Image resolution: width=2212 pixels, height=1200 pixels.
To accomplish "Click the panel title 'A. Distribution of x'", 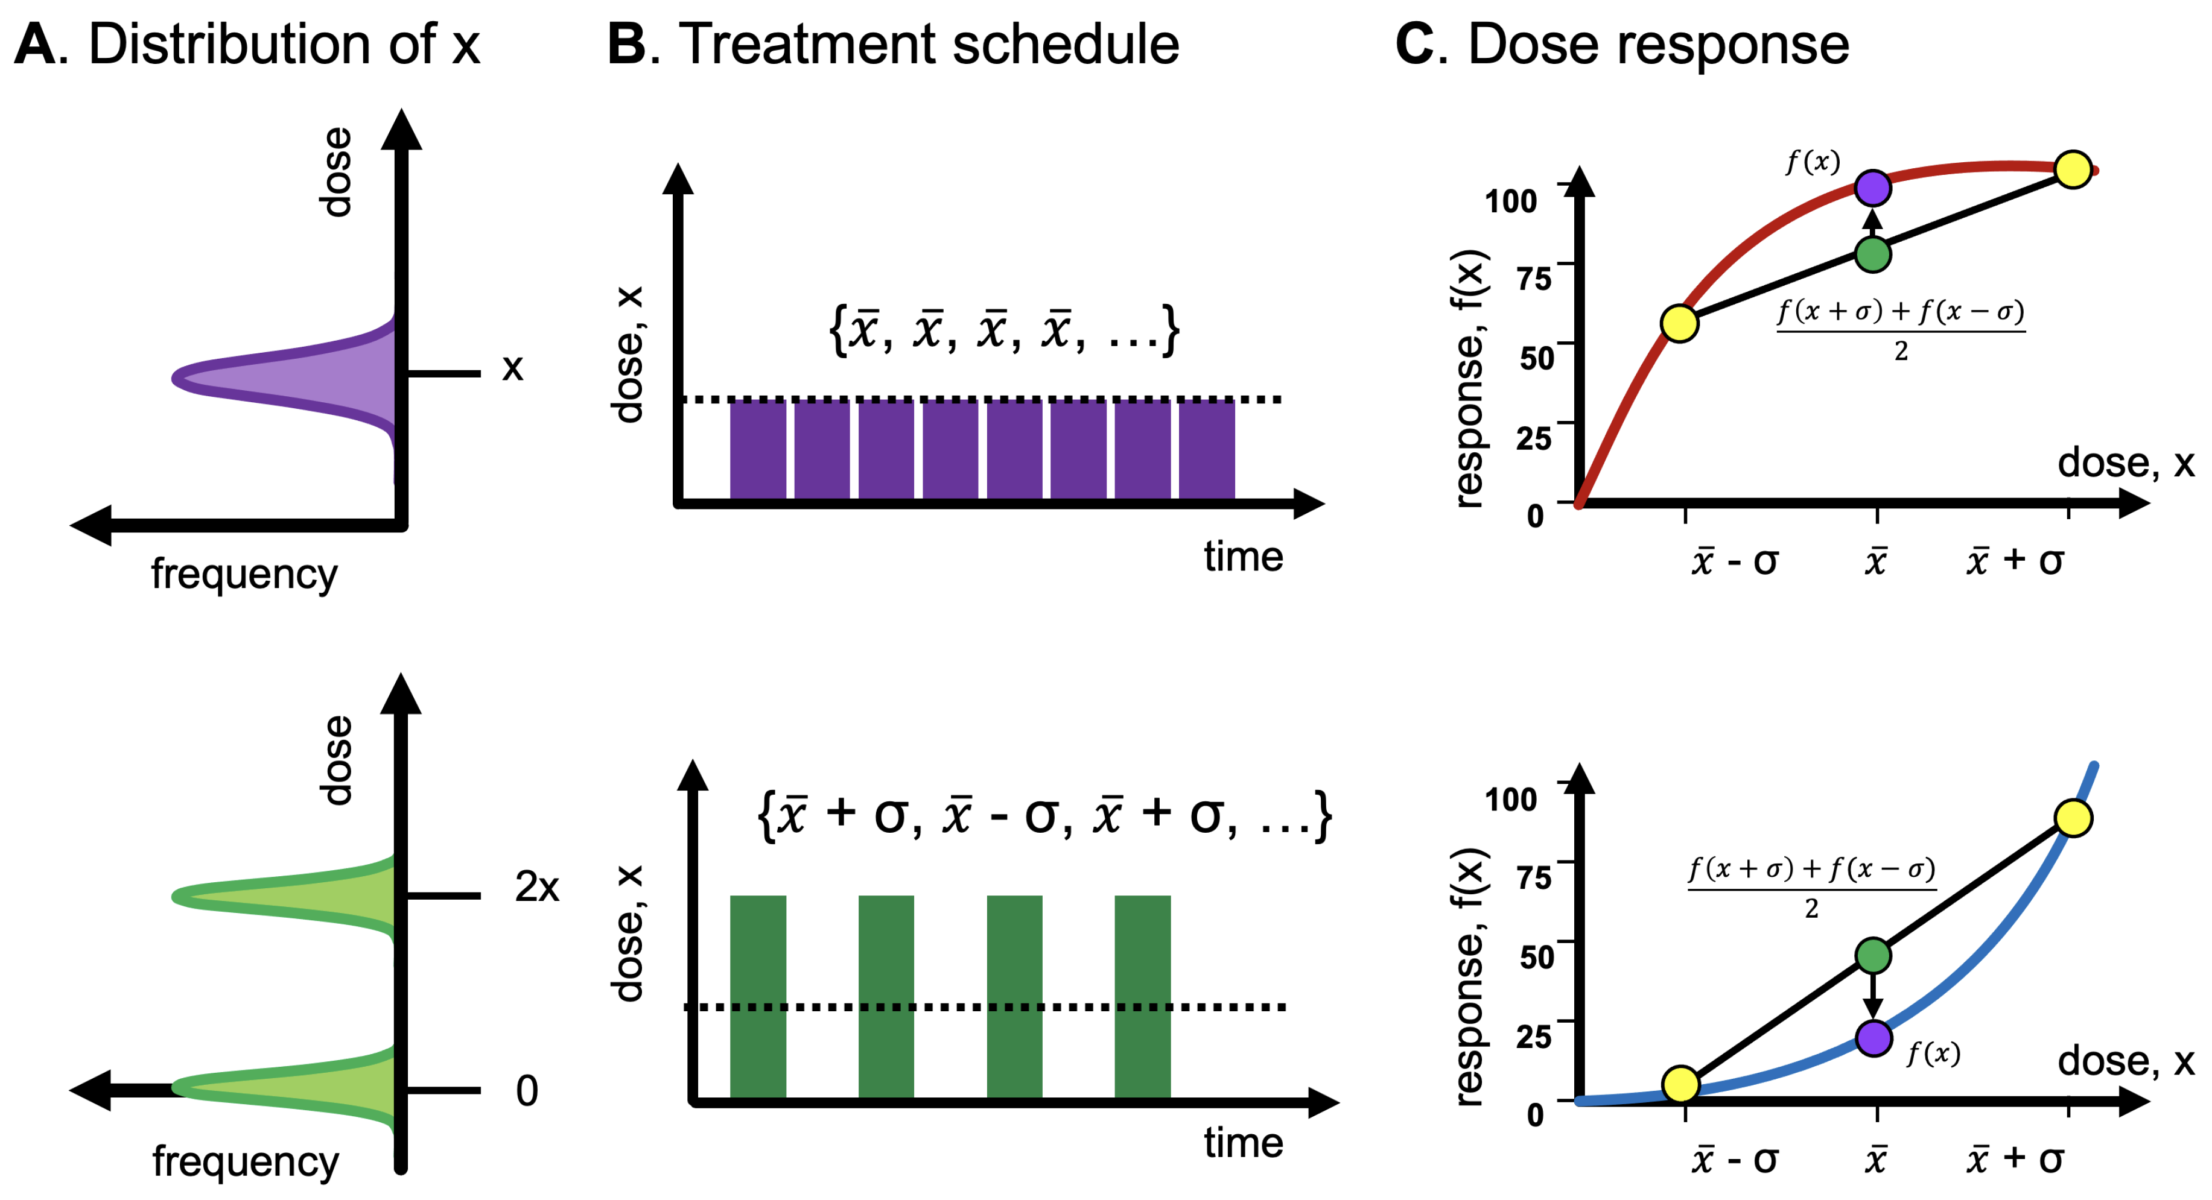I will point(247,45).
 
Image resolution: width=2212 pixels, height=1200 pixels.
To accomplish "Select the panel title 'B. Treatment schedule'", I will point(893,45).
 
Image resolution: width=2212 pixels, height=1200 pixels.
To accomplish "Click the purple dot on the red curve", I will point(1873,188).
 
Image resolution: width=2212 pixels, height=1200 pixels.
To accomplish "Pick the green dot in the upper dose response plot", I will point(1873,254).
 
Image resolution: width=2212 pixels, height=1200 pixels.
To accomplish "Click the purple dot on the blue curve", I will point(1874,1038).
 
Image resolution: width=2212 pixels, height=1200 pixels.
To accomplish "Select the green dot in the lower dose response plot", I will point(1873,955).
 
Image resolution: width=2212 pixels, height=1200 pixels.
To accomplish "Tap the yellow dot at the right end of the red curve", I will point(2073,169).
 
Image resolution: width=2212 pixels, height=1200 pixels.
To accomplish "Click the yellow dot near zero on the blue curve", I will point(1680,1084).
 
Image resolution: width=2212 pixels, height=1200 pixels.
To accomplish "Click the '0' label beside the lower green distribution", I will point(526,1091).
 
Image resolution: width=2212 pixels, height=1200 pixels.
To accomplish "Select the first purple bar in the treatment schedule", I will point(757,449).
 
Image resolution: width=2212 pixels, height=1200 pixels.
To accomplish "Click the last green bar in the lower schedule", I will point(1142,996).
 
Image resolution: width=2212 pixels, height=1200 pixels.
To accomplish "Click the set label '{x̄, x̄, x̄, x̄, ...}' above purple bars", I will point(1003,330).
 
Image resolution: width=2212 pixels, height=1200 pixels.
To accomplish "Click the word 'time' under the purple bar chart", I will point(1242,557).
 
